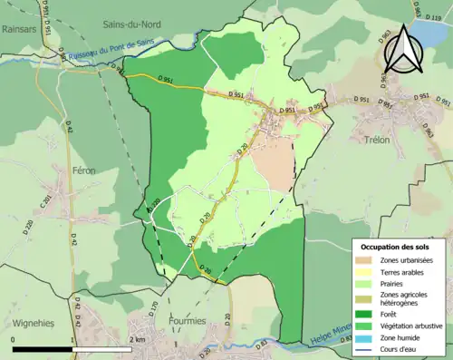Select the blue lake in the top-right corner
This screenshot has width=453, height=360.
pos(429,37)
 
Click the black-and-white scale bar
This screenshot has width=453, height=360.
pos(72,348)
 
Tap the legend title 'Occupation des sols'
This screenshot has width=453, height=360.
pos(395,247)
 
